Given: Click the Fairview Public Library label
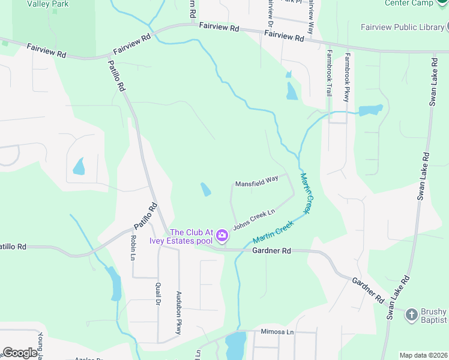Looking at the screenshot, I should click(x=402, y=27).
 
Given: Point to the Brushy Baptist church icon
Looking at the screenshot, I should click(x=411, y=314).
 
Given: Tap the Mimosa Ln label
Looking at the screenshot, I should click(x=277, y=331).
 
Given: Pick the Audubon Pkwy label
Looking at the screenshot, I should click(x=178, y=313).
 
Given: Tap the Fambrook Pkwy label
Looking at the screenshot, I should click(x=346, y=78).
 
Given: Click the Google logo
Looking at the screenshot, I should click(x=20, y=353).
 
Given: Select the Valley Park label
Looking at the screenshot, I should click(x=48, y=4).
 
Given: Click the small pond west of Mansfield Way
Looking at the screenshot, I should click(x=205, y=190).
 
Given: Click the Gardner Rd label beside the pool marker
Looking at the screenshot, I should click(x=271, y=250).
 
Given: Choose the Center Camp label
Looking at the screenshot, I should click(x=408, y=3).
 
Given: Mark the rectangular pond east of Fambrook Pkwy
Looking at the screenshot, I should click(x=370, y=110).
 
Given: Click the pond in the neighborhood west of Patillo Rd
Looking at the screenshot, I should click(x=79, y=166).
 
